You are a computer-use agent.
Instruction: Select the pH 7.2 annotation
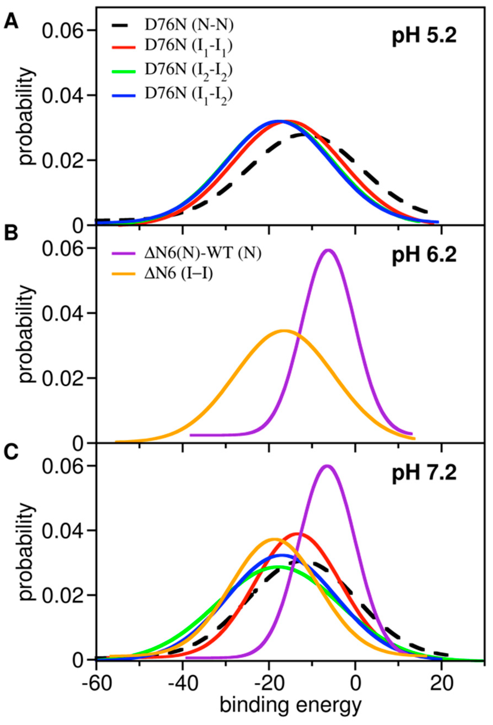pyautogui.click(x=424, y=476)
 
